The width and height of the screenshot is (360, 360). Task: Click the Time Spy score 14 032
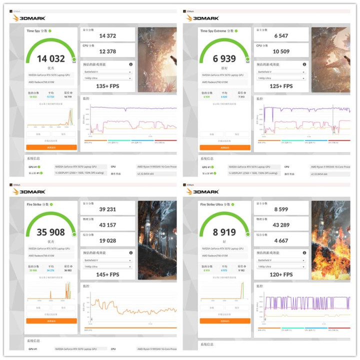pyautogui.click(x=50, y=58)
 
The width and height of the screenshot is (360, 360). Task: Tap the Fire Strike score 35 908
pyautogui.click(x=50, y=232)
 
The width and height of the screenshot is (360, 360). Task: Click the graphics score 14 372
pyautogui.click(x=107, y=36)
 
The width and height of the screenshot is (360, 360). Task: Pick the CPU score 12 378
pyautogui.click(x=107, y=52)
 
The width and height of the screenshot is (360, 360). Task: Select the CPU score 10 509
pyautogui.click(x=281, y=52)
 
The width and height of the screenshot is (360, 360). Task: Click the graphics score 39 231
pyautogui.click(x=107, y=209)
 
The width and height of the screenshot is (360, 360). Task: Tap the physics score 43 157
pyautogui.click(x=107, y=225)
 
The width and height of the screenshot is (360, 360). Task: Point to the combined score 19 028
pyautogui.click(x=107, y=241)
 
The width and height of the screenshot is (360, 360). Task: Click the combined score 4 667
pyautogui.click(x=281, y=241)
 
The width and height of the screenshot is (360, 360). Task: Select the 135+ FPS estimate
pyautogui.click(x=107, y=86)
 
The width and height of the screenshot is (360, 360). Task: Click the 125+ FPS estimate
pyautogui.click(x=281, y=86)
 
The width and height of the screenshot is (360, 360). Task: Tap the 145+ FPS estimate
pyautogui.click(x=107, y=274)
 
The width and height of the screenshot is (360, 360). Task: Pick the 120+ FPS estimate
pyautogui.click(x=281, y=274)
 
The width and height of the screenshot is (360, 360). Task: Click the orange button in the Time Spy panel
pyautogui.click(x=51, y=147)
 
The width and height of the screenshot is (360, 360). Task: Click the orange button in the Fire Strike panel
pyautogui.click(x=51, y=321)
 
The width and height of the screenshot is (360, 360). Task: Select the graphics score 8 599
pyautogui.click(x=281, y=209)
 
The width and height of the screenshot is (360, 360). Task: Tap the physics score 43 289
pyautogui.click(x=281, y=225)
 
